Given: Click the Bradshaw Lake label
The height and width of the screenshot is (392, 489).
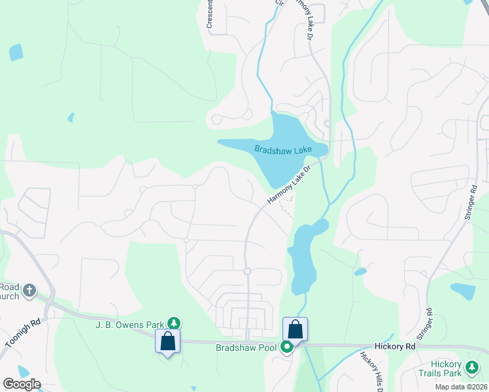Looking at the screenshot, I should pyautogui.click(x=283, y=150).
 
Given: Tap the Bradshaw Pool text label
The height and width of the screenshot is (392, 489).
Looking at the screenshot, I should pyautogui.click(x=246, y=348).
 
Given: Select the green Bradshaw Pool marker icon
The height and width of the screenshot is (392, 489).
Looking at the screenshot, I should pyautogui.click(x=287, y=347).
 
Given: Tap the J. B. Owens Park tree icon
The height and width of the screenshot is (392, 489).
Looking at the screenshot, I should pyautogui.click(x=174, y=322).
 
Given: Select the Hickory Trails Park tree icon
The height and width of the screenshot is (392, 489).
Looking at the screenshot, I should pyautogui.click(x=471, y=370).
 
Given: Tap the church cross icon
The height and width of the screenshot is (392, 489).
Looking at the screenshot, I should pyautogui.click(x=29, y=289).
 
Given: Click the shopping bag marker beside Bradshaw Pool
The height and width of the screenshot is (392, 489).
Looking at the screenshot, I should pyautogui.click(x=295, y=329).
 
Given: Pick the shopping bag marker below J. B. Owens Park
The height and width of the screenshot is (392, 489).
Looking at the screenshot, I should pyautogui.click(x=167, y=341).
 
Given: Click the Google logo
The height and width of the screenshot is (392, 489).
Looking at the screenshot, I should pyautogui.click(x=22, y=384).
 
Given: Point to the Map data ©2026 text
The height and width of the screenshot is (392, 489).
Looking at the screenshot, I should pyautogui.click(x=460, y=387).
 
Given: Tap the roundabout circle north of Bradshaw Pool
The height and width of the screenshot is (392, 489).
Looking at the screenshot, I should pyautogui.click(x=247, y=271).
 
